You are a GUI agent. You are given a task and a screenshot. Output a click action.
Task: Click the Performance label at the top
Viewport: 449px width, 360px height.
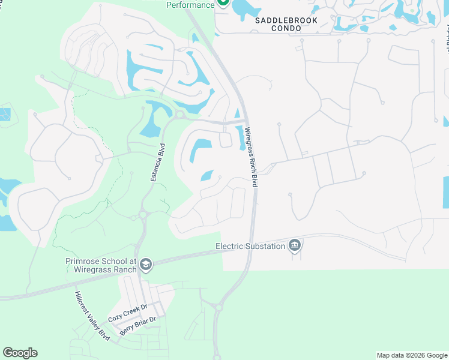point(190,5)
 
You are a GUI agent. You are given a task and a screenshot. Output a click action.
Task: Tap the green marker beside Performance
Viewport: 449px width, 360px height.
point(223,3)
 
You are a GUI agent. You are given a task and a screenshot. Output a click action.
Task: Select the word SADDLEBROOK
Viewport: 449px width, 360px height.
point(283,20)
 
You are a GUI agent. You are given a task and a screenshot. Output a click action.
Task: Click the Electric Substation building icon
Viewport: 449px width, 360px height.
point(294,245)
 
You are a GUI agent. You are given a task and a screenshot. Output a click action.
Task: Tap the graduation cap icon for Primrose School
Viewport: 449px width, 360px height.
point(147,265)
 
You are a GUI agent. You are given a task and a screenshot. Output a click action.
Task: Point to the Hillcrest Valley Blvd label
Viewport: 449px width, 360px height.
point(94,316)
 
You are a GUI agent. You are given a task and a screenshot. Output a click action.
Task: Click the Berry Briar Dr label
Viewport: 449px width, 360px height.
point(138,325)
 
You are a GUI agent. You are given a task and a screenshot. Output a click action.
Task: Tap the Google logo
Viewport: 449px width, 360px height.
point(20,353)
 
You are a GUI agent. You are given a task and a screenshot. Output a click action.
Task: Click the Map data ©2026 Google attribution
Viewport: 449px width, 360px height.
point(412,355)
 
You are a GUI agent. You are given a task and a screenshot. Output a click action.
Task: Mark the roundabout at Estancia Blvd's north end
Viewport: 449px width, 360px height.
point(179,115)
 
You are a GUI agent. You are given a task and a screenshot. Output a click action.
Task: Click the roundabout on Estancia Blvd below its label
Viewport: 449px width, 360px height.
point(143,214)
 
